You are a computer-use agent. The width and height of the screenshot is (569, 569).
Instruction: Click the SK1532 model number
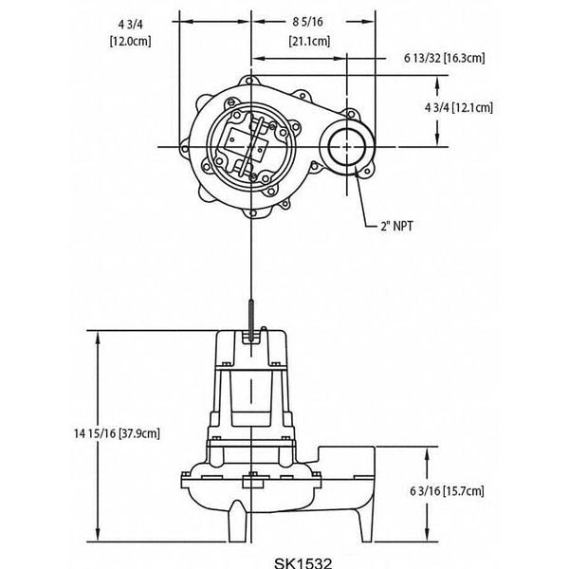[x=283, y=560]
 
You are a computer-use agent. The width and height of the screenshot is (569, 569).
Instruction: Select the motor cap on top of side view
[x=250, y=351]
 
